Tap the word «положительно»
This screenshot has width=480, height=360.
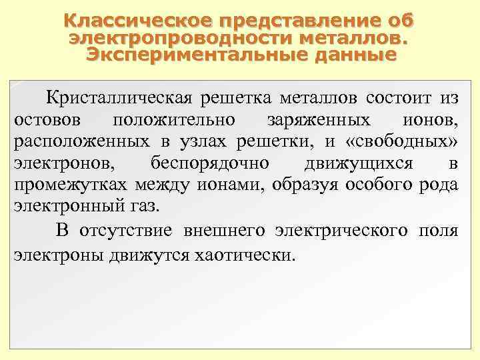(174, 121)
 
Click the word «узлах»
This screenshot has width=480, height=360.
(200, 142)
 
